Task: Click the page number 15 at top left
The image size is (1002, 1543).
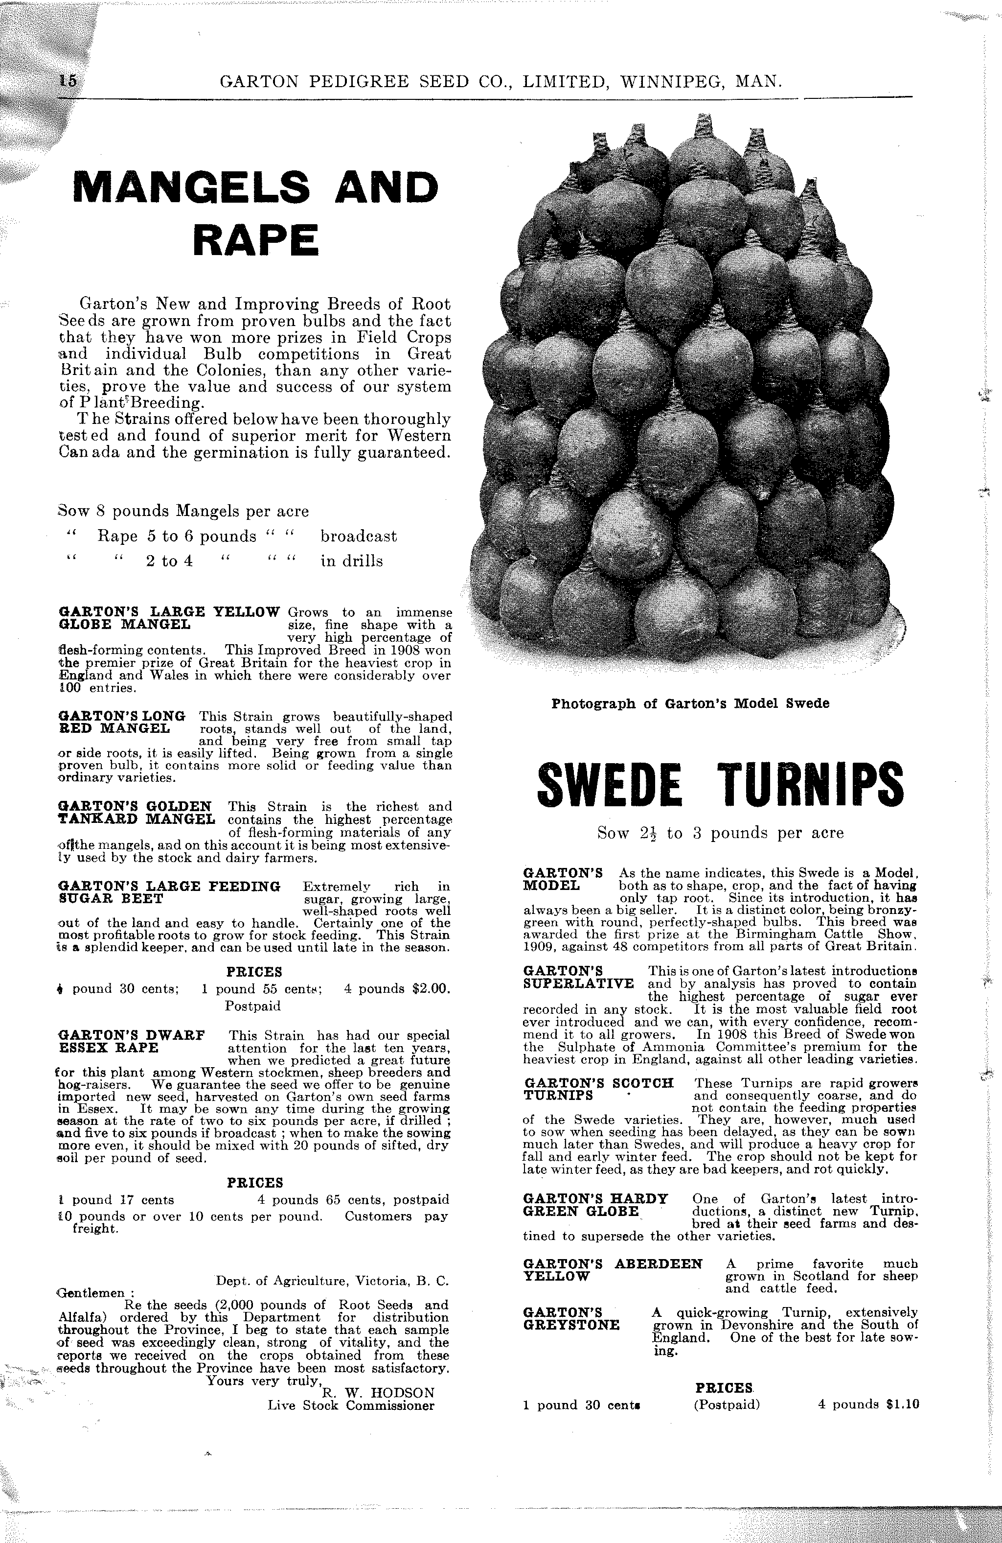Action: click(68, 80)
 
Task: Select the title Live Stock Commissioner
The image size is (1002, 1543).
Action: click(351, 1405)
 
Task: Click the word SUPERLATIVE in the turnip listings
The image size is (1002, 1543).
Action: click(578, 983)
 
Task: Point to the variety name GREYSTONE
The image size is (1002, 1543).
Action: click(570, 1325)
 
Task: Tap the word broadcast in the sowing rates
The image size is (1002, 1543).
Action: click(359, 536)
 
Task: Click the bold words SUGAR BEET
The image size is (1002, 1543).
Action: click(111, 899)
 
